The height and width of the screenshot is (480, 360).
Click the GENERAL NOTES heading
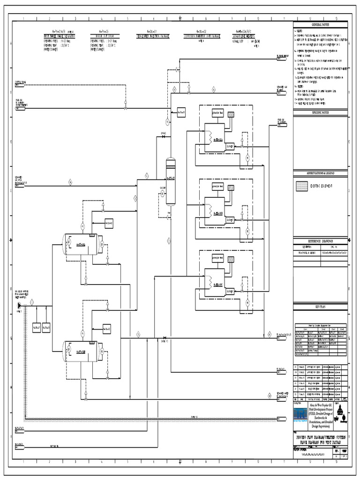tap(321, 24)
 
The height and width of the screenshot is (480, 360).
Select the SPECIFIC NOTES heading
tap(321, 112)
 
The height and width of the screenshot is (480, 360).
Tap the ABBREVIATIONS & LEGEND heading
tap(321, 173)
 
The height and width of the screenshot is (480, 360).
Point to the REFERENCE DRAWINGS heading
tap(321, 240)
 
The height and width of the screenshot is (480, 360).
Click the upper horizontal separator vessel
tap(82, 243)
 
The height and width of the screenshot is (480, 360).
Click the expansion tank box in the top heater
tap(218, 114)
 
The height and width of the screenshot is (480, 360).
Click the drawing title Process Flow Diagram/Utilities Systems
tap(321, 438)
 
